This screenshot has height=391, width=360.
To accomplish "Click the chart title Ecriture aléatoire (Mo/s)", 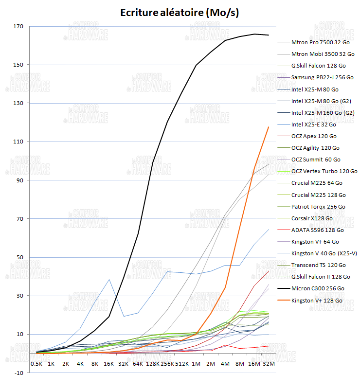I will [180, 13].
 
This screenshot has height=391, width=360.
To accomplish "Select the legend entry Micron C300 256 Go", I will [317, 288].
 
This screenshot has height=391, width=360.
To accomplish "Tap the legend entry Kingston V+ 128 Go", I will [317, 300].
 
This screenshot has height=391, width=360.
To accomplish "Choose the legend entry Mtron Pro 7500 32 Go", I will [321, 42].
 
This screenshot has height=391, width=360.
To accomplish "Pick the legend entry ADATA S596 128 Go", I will [317, 230].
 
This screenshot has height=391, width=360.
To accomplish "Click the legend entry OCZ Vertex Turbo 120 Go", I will [324, 171].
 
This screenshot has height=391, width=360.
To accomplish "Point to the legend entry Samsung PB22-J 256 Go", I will [322, 77].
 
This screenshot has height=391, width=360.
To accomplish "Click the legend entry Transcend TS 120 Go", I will [318, 265].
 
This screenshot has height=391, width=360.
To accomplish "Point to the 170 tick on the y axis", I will [19, 26].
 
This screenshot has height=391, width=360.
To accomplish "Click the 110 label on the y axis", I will [19, 142].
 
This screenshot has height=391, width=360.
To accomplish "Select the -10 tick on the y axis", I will [19, 373].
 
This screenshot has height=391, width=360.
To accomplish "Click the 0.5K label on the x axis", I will [36, 363].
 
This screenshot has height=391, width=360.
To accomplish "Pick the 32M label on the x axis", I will [269, 363].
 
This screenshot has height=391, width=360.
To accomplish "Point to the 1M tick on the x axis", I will [196, 363].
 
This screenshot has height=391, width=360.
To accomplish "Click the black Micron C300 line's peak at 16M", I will [254, 34].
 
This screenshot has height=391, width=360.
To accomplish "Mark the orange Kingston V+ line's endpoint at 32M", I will [269, 127].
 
